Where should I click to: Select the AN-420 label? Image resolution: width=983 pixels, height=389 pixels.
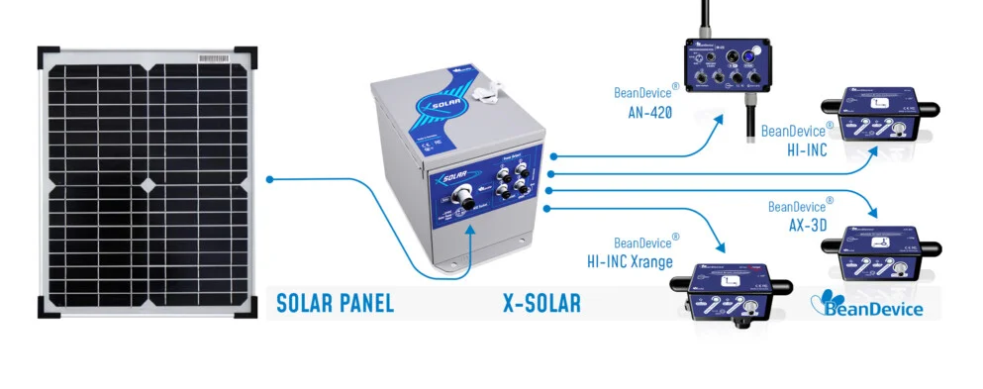pyautogui.click(x=649, y=113)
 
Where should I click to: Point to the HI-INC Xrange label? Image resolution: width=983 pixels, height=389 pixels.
pyautogui.click(x=629, y=262)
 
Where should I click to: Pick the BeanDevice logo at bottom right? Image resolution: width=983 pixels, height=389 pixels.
pyautogui.click(x=867, y=304)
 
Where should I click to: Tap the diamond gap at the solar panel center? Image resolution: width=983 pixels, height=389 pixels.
pyautogui.click(x=147, y=183)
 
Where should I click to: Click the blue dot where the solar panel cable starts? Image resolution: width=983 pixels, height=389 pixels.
pyautogui.click(x=270, y=179)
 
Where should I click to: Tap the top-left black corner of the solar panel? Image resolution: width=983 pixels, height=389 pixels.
pyautogui.click(x=48, y=55)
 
